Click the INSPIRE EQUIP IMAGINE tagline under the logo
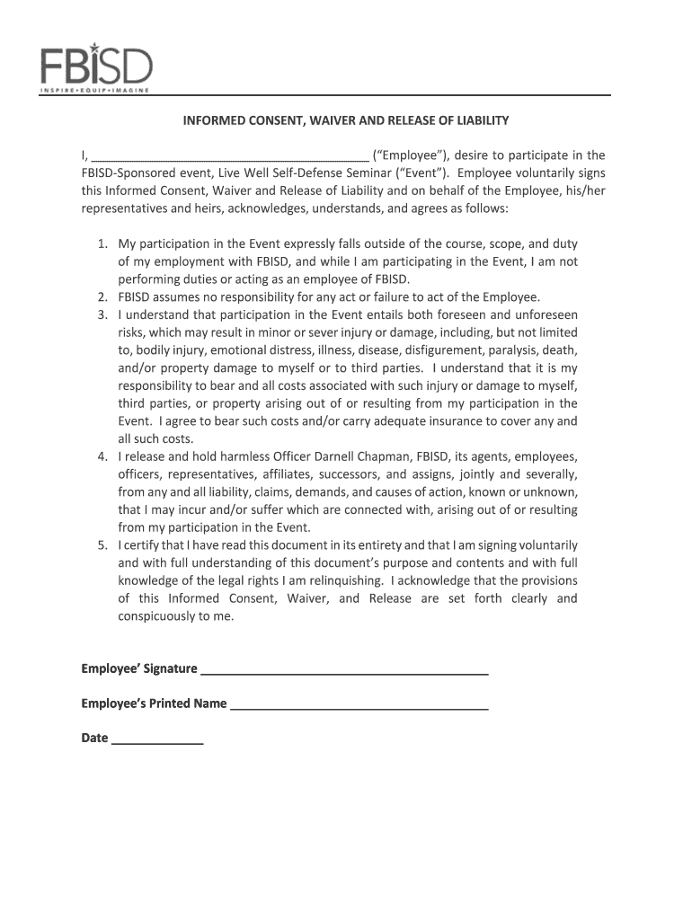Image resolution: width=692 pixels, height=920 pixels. tap(94, 91)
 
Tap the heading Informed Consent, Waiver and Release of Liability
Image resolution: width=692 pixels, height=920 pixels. tap(347, 120)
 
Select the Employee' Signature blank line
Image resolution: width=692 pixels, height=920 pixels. tap(344, 669)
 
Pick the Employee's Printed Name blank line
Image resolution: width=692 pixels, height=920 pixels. tap(359, 704)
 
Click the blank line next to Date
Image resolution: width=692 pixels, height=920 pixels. tap(157, 739)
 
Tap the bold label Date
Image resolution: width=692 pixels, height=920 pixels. tap(94, 739)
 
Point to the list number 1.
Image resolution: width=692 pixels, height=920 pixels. tap(102, 243)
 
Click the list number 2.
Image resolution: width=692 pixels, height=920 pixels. tap(102, 297)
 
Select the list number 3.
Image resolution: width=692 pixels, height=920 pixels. tap(102, 315)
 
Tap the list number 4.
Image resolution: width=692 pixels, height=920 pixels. tap(102, 456)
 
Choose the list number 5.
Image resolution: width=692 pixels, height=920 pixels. tap(102, 545)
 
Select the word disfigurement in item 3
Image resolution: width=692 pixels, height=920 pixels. tap(404, 350)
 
